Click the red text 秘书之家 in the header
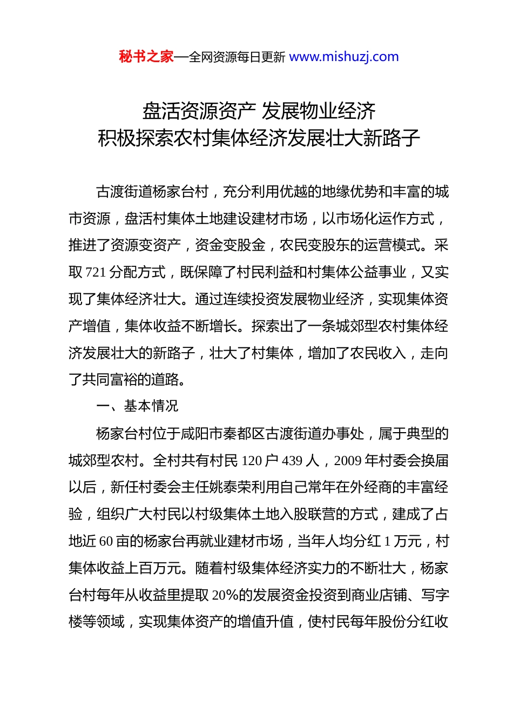(x=146, y=57)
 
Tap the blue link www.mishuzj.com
(x=344, y=57)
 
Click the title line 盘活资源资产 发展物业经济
(x=259, y=111)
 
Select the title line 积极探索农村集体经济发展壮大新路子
(x=259, y=138)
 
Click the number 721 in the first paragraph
(x=96, y=272)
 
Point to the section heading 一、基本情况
(x=137, y=406)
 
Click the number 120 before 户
(x=252, y=461)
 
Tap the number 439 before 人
(x=292, y=461)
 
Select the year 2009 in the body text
(x=348, y=461)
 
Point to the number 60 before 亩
(x=106, y=541)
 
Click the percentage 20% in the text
(x=225, y=595)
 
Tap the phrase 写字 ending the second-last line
(x=435, y=595)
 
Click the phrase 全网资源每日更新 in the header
(x=237, y=57)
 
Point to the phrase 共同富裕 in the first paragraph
(x=110, y=380)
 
